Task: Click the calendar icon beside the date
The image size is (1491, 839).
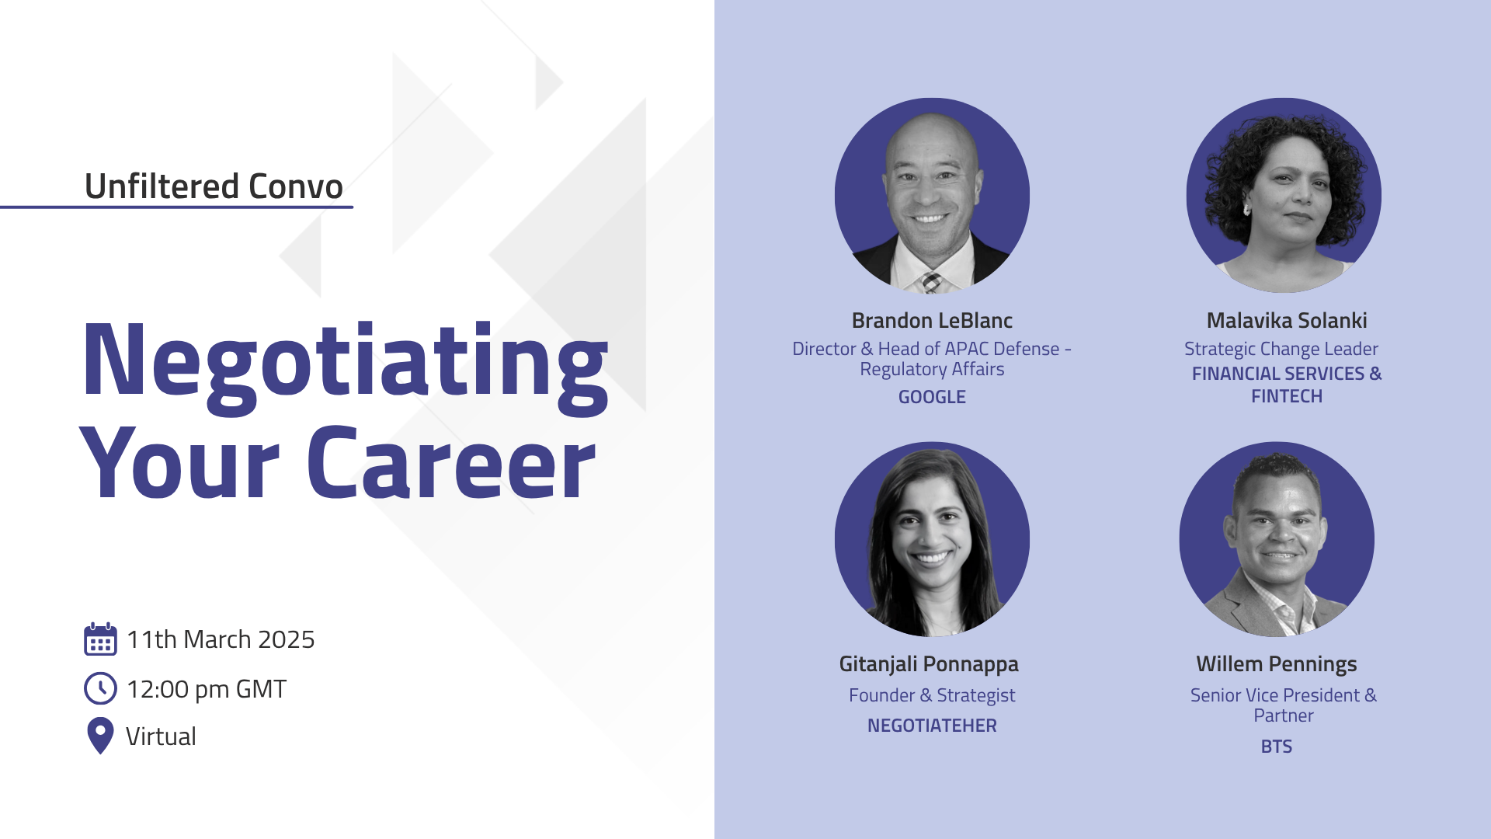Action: click(100, 639)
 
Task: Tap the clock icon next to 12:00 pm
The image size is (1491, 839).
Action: click(100, 688)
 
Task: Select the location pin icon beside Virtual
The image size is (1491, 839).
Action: click(100, 736)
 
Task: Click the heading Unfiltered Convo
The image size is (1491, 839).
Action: click(214, 186)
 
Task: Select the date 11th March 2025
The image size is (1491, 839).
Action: click(221, 639)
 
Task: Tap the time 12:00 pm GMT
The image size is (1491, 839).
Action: click(207, 689)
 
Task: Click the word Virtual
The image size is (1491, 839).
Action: click(161, 736)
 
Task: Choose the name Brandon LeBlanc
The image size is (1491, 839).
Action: click(932, 321)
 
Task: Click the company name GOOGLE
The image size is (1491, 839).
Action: click(932, 397)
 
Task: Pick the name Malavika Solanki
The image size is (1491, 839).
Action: click(1287, 321)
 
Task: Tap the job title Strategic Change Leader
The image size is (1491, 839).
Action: click(1281, 350)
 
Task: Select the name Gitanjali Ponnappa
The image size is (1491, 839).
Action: click(929, 665)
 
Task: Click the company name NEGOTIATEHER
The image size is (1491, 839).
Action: click(932, 726)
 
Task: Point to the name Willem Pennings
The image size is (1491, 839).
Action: click(1277, 665)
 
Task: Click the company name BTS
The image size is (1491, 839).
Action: click(1277, 747)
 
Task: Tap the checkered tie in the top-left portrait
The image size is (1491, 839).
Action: click(930, 282)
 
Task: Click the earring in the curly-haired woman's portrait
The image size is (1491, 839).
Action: click(1247, 209)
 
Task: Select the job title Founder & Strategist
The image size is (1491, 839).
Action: click(932, 696)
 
